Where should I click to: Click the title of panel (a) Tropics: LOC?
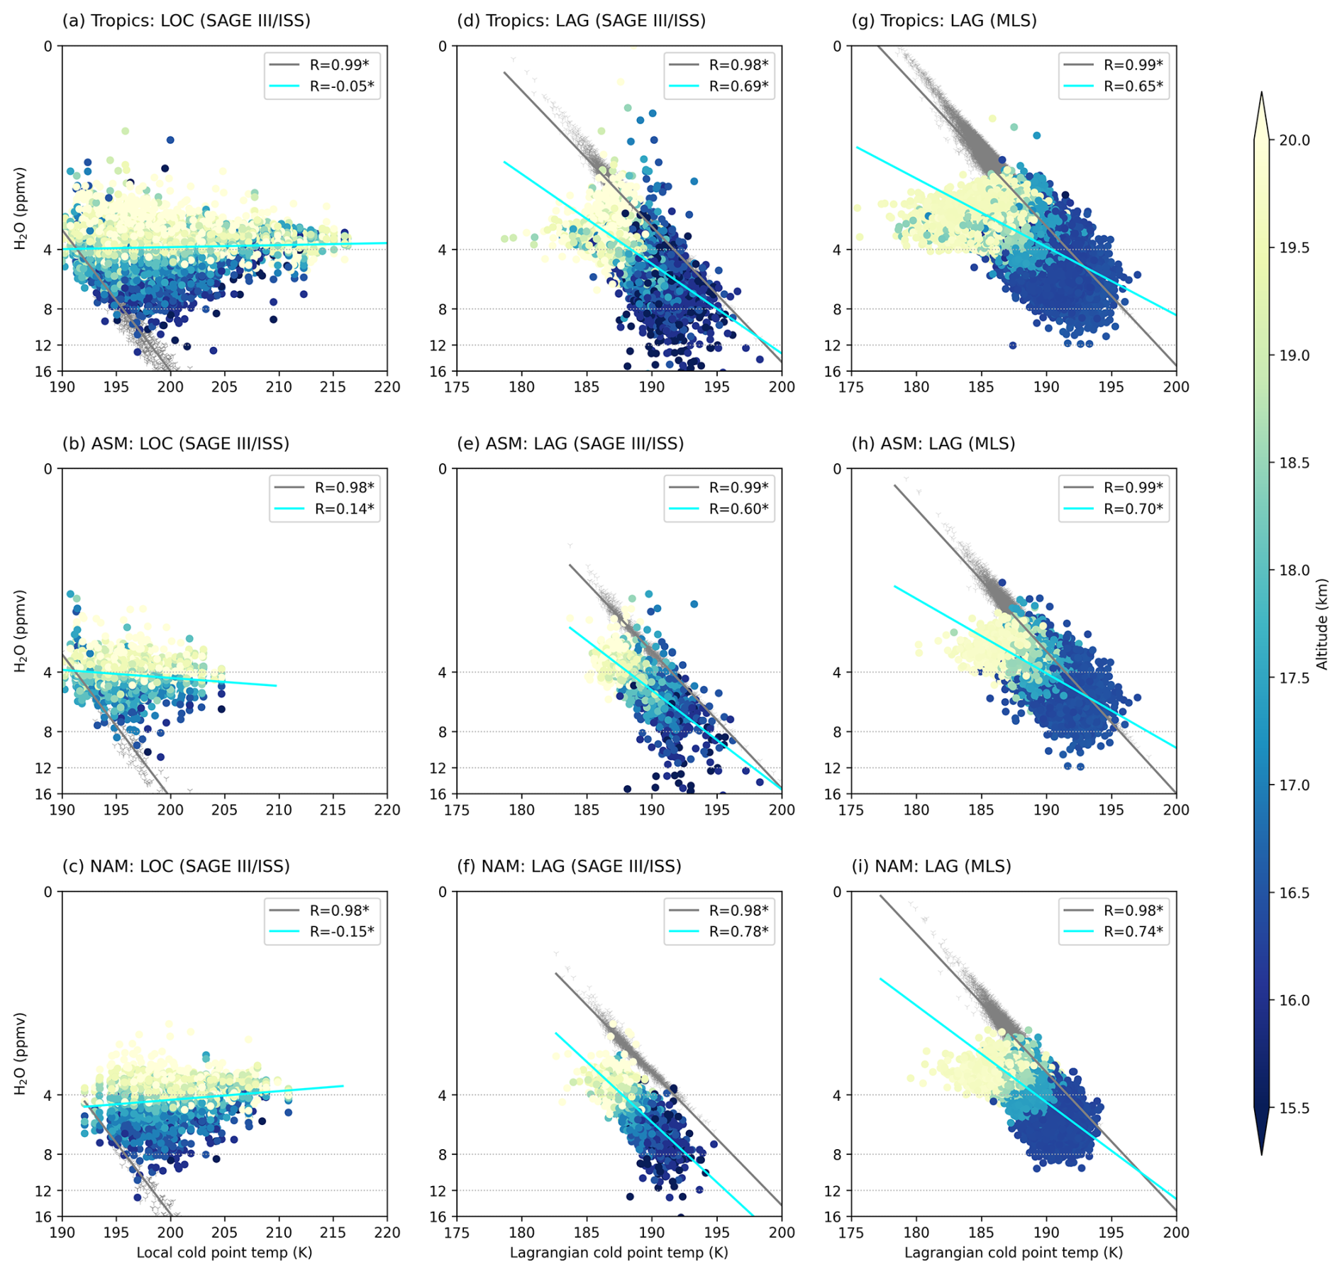pos(186,21)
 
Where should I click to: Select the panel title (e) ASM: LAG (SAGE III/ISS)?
pos(570,443)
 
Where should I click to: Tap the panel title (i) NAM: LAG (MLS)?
pos(931,866)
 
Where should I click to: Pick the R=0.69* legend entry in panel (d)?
pos(738,87)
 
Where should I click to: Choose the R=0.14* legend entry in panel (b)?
pos(344,509)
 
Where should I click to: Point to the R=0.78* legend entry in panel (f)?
pos(738,931)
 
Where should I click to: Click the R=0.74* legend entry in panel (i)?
pos(1133,931)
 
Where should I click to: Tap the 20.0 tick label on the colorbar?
pos(1294,140)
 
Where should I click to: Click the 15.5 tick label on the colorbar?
pos(1294,1108)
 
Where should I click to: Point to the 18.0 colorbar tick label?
pos(1294,570)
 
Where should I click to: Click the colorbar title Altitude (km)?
pos(1321,624)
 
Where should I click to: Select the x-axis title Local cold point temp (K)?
pos(224,1252)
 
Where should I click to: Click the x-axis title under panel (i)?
pos(1013,1252)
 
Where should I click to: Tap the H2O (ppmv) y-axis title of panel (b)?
pos(21,631)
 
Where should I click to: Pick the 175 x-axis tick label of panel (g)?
pos(851,387)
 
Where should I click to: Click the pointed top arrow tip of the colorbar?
pos(1261,93)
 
